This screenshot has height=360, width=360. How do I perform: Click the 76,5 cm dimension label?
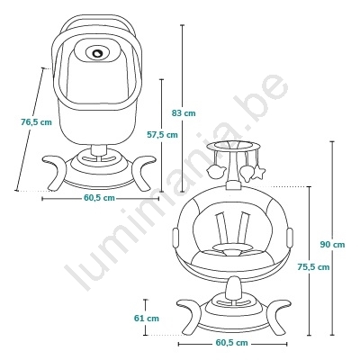[x=36, y=122]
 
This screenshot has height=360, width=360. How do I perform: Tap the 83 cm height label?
[x=184, y=113]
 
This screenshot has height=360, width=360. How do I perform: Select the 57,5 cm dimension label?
[x=162, y=135]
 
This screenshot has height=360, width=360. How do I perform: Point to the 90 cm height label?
[x=332, y=245]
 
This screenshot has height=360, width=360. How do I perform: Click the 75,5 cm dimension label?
[x=313, y=266]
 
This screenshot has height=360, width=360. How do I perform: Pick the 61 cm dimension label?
[x=147, y=319]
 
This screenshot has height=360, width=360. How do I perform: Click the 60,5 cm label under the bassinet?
[x=99, y=198]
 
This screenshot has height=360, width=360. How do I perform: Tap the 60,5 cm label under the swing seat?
[x=231, y=343]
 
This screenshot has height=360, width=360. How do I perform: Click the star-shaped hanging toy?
[x=258, y=173]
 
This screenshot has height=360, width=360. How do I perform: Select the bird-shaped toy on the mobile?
[x=216, y=172]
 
